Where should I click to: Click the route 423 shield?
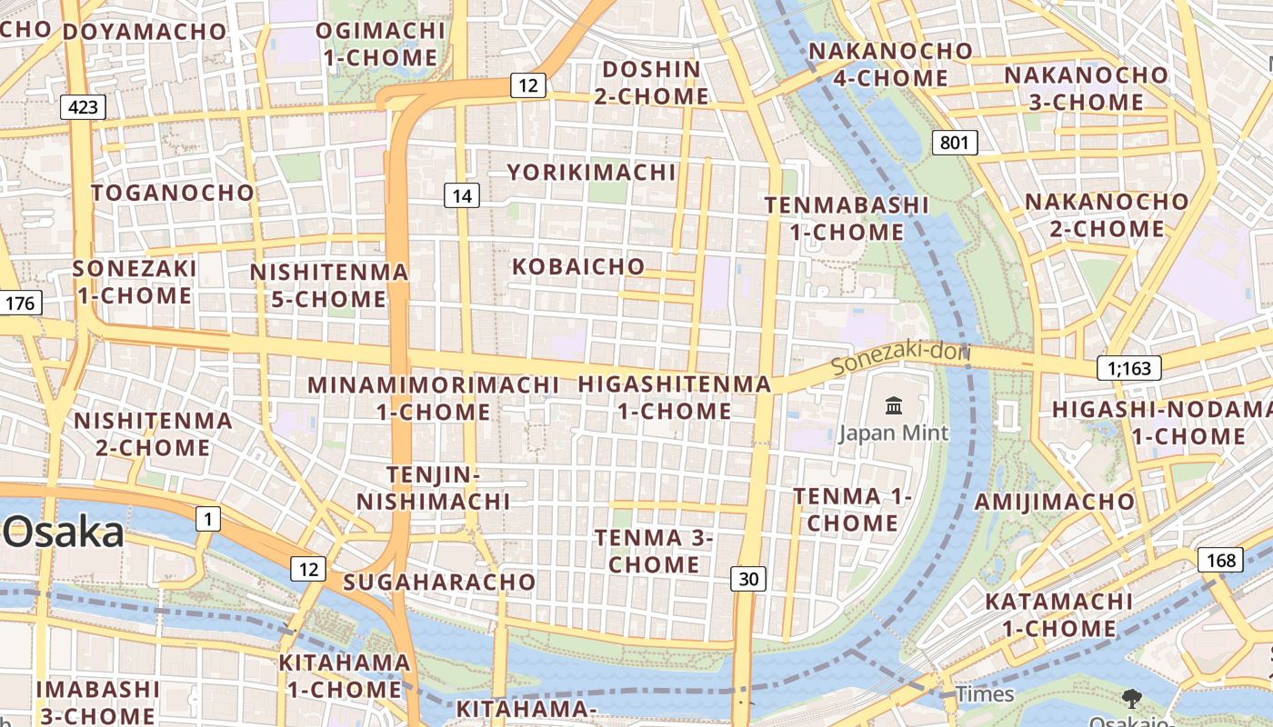pyautogui.click(x=83, y=107)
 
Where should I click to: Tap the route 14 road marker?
pyautogui.click(x=462, y=195)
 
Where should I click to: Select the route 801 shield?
pyautogui.click(x=954, y=142)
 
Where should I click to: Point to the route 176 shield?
pyautogui.click(x=20, y=303)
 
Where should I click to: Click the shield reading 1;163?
pyautogui.click(x=1129, y=368)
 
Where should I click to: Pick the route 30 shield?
pyautogui.click(x=747, y=578)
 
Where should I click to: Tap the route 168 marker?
pyautogui.click(x=1220, y=560)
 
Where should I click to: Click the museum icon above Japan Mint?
pyautogui.click(x=893, y=405)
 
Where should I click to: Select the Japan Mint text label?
pyautogui.click(x=893, y=433)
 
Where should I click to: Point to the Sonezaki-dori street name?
pyautogui.click(x=901, y=357)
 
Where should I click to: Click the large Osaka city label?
pyautogui.click(x=62, y=533)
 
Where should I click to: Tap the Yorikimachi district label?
pyautogui.click(x=592, y=173)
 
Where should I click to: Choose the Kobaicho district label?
pyautogui.click(x=578, y=267)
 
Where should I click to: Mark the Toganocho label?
pyautogui.click(x=173, y=193)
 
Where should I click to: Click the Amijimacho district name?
pyautogui.click(x=1055, y=502)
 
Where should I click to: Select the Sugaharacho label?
pyautogui.click(x=439, y=582)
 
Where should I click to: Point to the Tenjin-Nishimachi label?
pyautogui.click(x=433, y=488)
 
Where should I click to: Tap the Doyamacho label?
pyautogui.click(x=144, y=32)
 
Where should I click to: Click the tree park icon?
pyautogui.click(x=1132, y=699)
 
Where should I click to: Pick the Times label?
pyautogui.click(x=984, y=694)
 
